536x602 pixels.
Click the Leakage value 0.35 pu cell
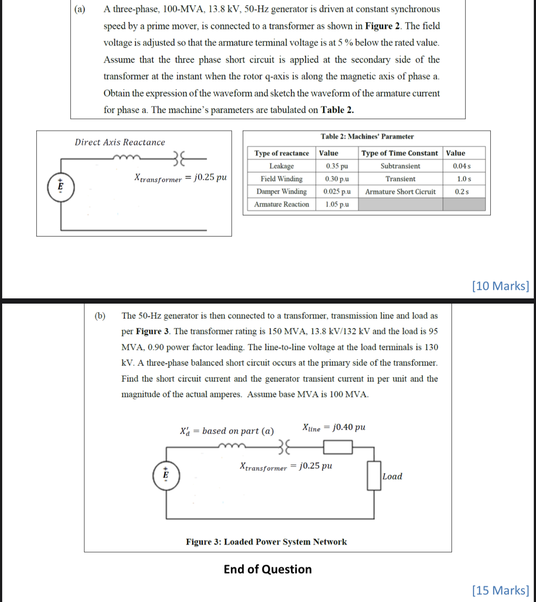pyautogui.click(x=337, y=166)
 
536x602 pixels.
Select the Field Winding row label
pyautogui.click(x=281, y=179)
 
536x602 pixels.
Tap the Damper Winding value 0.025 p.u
pyautogui.click(x=337, y=191)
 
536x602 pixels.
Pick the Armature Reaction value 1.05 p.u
pyautogui.click(x=337, y=204)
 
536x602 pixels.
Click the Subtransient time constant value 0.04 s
pyautogui.click(x=461, y=166)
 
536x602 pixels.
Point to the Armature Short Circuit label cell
pyautogui.click(x=400, y=191)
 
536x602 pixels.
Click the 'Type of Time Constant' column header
pyautogui.click(x=399, y=153)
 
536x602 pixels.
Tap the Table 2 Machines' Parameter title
pyautogui.click(x=367, y=136)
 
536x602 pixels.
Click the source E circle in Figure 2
pyautogui.click(x=60, y=187)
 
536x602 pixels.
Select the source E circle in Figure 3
pyautogui.click(x=166, y=475)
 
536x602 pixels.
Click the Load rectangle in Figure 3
pyautogui.click(x=374, y=475)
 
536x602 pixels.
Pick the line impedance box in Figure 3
pyautogui.click(x=338, y=447)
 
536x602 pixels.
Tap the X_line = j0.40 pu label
pyautogui.click(x=334, y=428)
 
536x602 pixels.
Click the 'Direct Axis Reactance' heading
pyautogui.click(x=120, y=142)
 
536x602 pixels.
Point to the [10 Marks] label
pyautogui.click(x=500, y=286)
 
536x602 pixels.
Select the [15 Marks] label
pyautogui.click(x=500, y=590)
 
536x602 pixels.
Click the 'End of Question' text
pyautogui.click(x=268, y=569)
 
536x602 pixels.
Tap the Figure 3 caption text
pyautogui.click(x=266, y=542)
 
